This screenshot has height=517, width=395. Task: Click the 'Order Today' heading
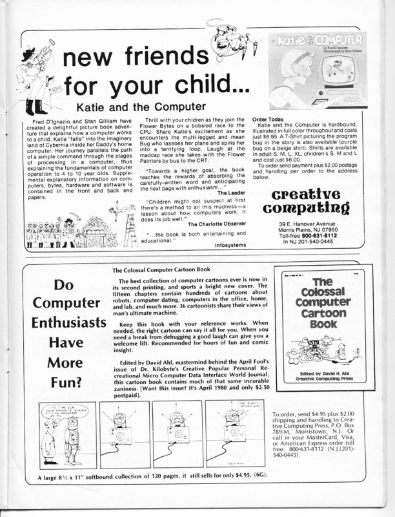[268, 120]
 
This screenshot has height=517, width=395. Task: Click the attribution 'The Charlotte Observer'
[217, 224]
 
